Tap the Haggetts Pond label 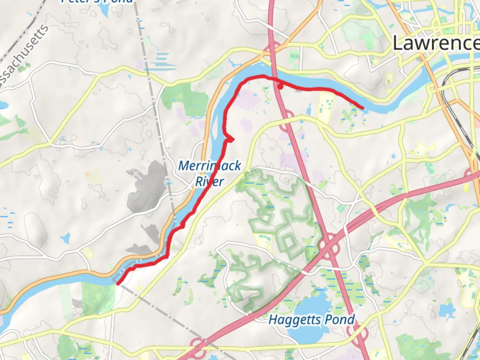coord(312,320)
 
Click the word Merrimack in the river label coord(209,166)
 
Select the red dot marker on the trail coord(281,87)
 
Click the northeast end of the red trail coord(362,108)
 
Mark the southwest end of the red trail coord(118,284)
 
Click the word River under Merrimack coord(209,182)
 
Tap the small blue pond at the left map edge coord(3,105)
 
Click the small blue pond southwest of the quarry coord(65,238)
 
